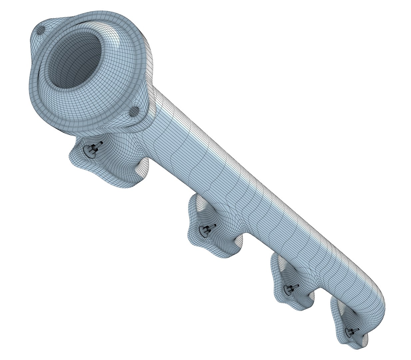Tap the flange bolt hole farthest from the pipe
41,31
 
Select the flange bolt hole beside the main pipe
135,111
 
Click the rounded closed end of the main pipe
378,300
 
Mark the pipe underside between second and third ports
256,247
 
